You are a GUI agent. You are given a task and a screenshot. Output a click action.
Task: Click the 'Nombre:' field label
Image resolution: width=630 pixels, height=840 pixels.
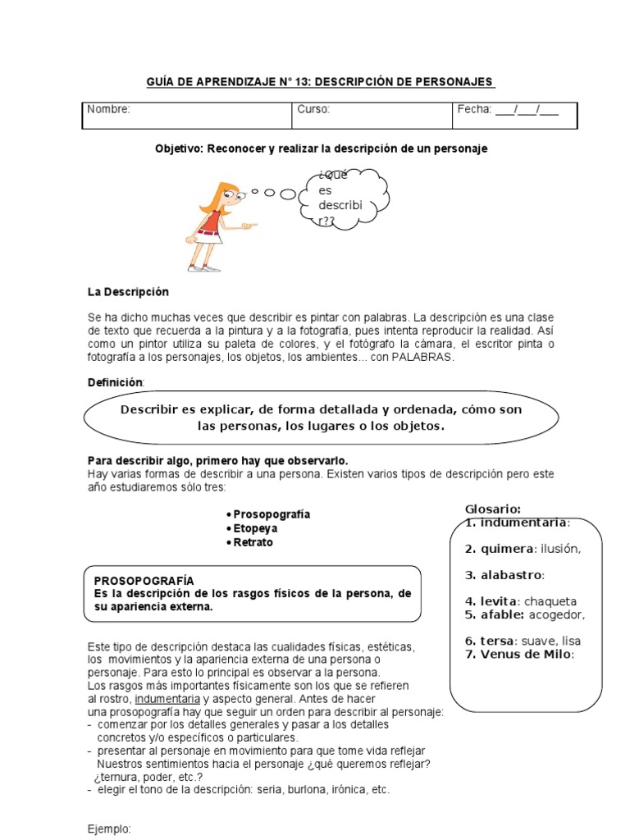[108, 110]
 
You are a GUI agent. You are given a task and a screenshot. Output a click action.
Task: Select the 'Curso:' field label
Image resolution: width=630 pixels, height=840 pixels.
[313, 110]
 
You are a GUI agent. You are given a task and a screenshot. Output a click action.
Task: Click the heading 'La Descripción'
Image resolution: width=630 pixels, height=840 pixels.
[128, 292]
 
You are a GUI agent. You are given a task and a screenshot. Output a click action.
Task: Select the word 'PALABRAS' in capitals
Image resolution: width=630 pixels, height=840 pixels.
[422, 358]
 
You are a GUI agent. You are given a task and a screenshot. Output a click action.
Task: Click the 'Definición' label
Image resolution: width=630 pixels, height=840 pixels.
[115, 383]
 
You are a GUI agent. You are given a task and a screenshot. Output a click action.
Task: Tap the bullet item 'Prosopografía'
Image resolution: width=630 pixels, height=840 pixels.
[272, 514]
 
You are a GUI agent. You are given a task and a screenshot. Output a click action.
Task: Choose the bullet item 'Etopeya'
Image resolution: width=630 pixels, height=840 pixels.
[255, 528]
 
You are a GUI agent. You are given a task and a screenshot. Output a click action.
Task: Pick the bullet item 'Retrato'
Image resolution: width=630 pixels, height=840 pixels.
[253, 543]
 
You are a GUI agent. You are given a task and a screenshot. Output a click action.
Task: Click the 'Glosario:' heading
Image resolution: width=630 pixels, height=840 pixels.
[493, 509]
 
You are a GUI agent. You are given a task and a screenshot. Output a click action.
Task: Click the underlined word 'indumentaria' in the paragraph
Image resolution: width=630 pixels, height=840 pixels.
[167, 699]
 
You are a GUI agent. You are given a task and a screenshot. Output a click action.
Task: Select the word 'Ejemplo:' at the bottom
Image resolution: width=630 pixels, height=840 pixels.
[109, 829]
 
